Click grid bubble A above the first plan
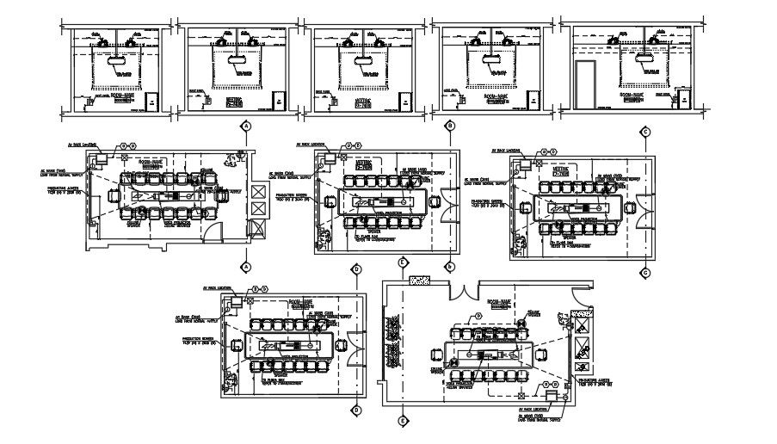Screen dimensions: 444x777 click(x=246, y=126)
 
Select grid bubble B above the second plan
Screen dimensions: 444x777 click(x=449, y=126)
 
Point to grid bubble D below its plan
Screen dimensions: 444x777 click(x=356, y=410)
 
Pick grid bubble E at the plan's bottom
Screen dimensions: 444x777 click(x=402, y=422)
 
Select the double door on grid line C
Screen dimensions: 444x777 click(x=638, y=207)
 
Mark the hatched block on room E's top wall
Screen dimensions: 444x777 click(x=421, y=281)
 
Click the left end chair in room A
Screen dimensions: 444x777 click(x=116, y=198)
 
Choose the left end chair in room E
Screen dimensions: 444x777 click(x=434, y=355)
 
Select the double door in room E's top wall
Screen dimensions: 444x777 click(x=462, y=290)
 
